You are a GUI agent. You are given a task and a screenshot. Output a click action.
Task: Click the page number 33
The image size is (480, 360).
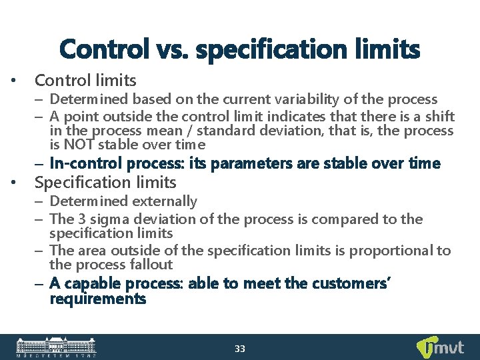click(240, 349)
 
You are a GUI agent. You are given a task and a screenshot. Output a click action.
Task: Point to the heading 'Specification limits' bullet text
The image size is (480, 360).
click(105, 182)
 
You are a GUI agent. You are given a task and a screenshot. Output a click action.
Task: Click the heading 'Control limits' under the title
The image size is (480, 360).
click(85, 81)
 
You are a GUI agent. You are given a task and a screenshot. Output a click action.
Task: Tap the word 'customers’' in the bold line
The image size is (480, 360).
click(355, 284)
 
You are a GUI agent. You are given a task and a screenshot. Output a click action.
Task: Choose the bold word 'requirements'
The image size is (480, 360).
click(97, 299)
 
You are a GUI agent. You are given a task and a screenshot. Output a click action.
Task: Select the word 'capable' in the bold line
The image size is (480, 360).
click(86, 284)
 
